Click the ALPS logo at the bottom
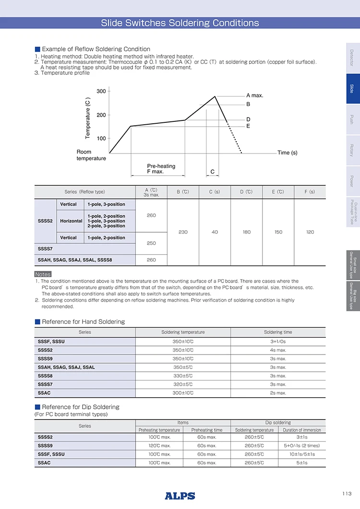click(180, 496)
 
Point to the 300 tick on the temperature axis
click(101, 91)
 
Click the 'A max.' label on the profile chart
click(255, 95)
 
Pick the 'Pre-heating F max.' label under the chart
click(161, 169)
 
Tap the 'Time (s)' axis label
click(288, 153)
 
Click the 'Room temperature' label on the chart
click(91, 155)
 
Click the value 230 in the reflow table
click(183, 232)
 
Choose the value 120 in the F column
click(310, 232)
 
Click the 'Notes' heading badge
click(43, 274)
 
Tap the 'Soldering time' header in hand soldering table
click(278, 332)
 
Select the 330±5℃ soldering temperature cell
click(183, 376)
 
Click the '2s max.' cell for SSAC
click(278, 393)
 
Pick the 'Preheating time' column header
click(207, 430)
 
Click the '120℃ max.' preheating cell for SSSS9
click(159, 446)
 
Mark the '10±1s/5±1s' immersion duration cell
click(301, 454)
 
